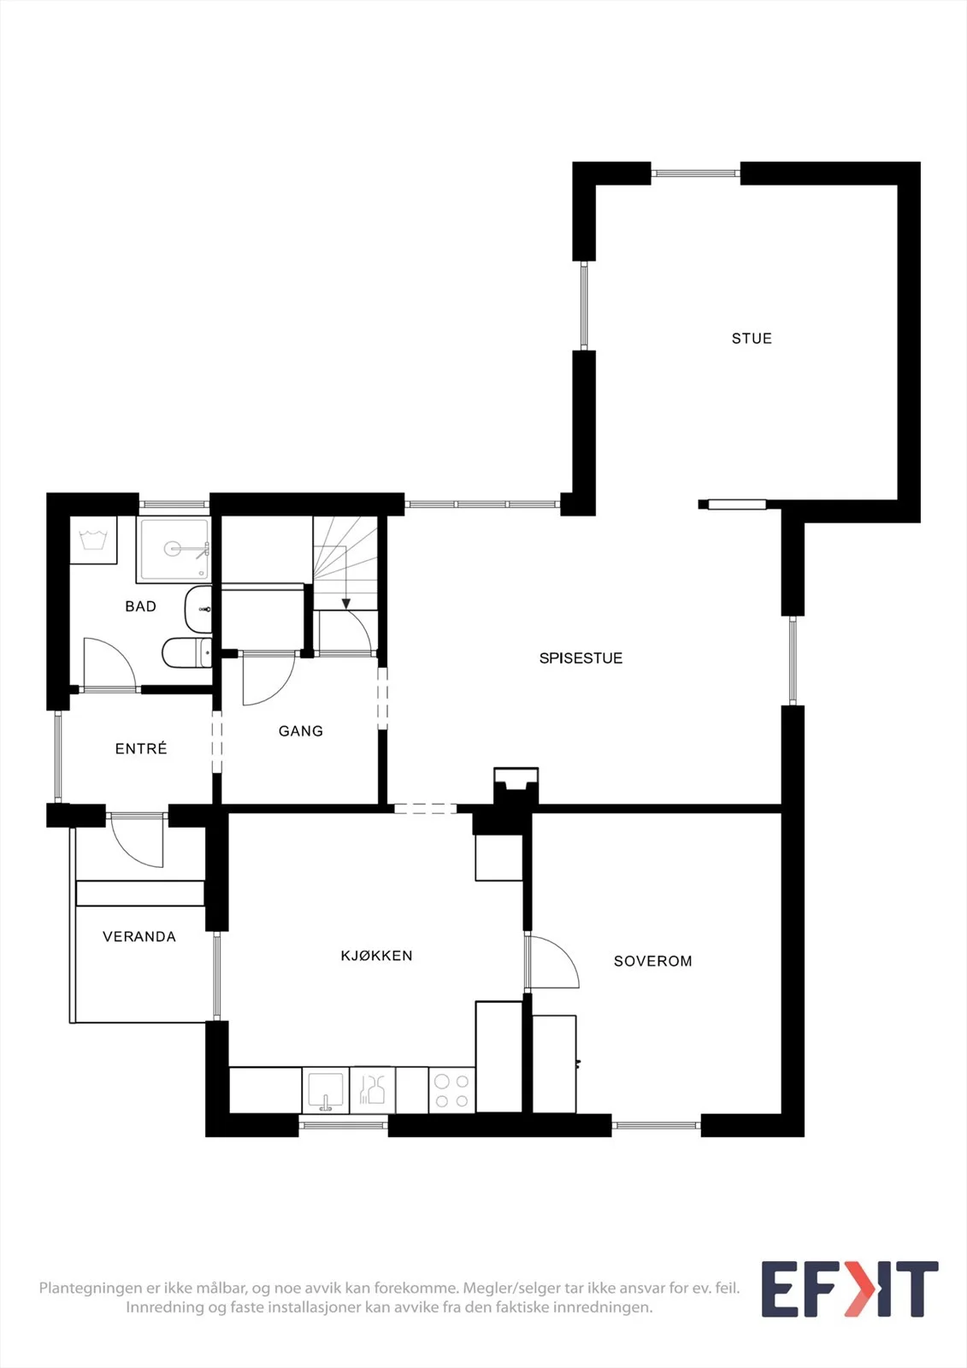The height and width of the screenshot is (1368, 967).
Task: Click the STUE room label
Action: pos(752,339)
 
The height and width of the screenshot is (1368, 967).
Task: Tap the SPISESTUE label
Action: pos(581,658)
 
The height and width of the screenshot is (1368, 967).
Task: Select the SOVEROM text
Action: pos(653,961)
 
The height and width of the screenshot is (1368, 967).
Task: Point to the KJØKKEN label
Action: pos(376,956)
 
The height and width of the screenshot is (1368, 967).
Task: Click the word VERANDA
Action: pos(139,937)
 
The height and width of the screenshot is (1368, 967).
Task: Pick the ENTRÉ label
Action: pos(141,748)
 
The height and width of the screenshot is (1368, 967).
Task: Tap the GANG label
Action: pos(301,731)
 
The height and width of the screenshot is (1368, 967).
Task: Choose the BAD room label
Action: pos(140,606)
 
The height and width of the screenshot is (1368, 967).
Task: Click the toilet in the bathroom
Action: pos(187,653)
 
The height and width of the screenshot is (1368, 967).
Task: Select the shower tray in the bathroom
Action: pos(174,550)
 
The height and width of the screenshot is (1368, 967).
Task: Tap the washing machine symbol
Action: pos(93,540)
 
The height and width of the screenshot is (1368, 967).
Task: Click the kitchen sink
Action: pos(326,1090)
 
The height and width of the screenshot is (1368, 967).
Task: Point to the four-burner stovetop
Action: pos(452,1090)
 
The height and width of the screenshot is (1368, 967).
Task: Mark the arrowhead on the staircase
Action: pos(346,604)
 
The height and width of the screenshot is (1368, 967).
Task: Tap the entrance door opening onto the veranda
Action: pos(137,841)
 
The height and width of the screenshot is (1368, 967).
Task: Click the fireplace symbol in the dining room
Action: pos(516,786)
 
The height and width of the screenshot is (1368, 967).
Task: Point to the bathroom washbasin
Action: pos(198,610)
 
